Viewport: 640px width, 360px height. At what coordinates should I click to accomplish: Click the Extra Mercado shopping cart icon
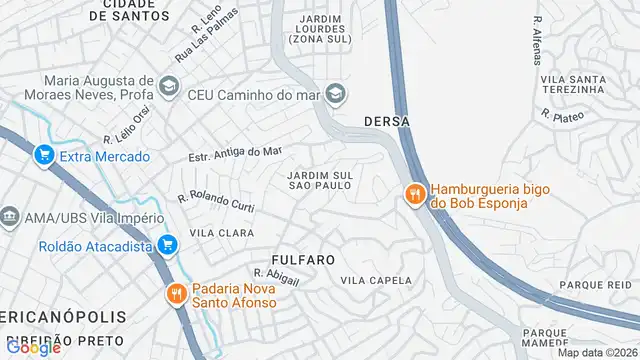pos(44,155)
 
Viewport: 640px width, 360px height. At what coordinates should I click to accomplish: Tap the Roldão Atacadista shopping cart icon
pos(167,243)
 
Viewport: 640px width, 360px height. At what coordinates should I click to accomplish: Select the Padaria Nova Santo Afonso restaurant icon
pos(176,293)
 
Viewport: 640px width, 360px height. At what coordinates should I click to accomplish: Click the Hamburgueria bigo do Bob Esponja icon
pos(414,194)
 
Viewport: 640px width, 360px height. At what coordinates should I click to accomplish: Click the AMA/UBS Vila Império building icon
pos(10,217)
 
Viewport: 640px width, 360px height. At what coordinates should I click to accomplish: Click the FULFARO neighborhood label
pos(301,259)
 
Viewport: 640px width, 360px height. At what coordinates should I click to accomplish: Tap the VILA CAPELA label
pos(376,281)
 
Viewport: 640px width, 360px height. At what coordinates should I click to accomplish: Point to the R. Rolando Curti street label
pos(215,202)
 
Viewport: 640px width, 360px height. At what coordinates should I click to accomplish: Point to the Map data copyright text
pos(596,352)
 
